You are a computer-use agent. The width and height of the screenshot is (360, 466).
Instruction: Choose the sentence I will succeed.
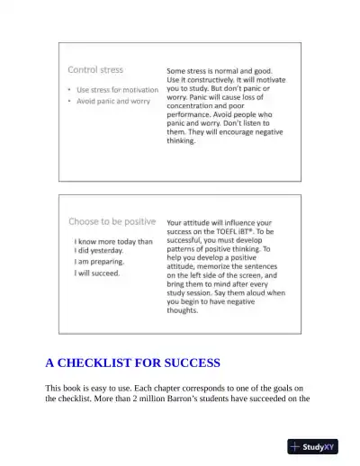(97, 273)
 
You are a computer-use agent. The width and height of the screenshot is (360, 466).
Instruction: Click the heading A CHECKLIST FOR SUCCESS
(132, 363)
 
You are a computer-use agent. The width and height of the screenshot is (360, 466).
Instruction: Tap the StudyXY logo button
(312, 446)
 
